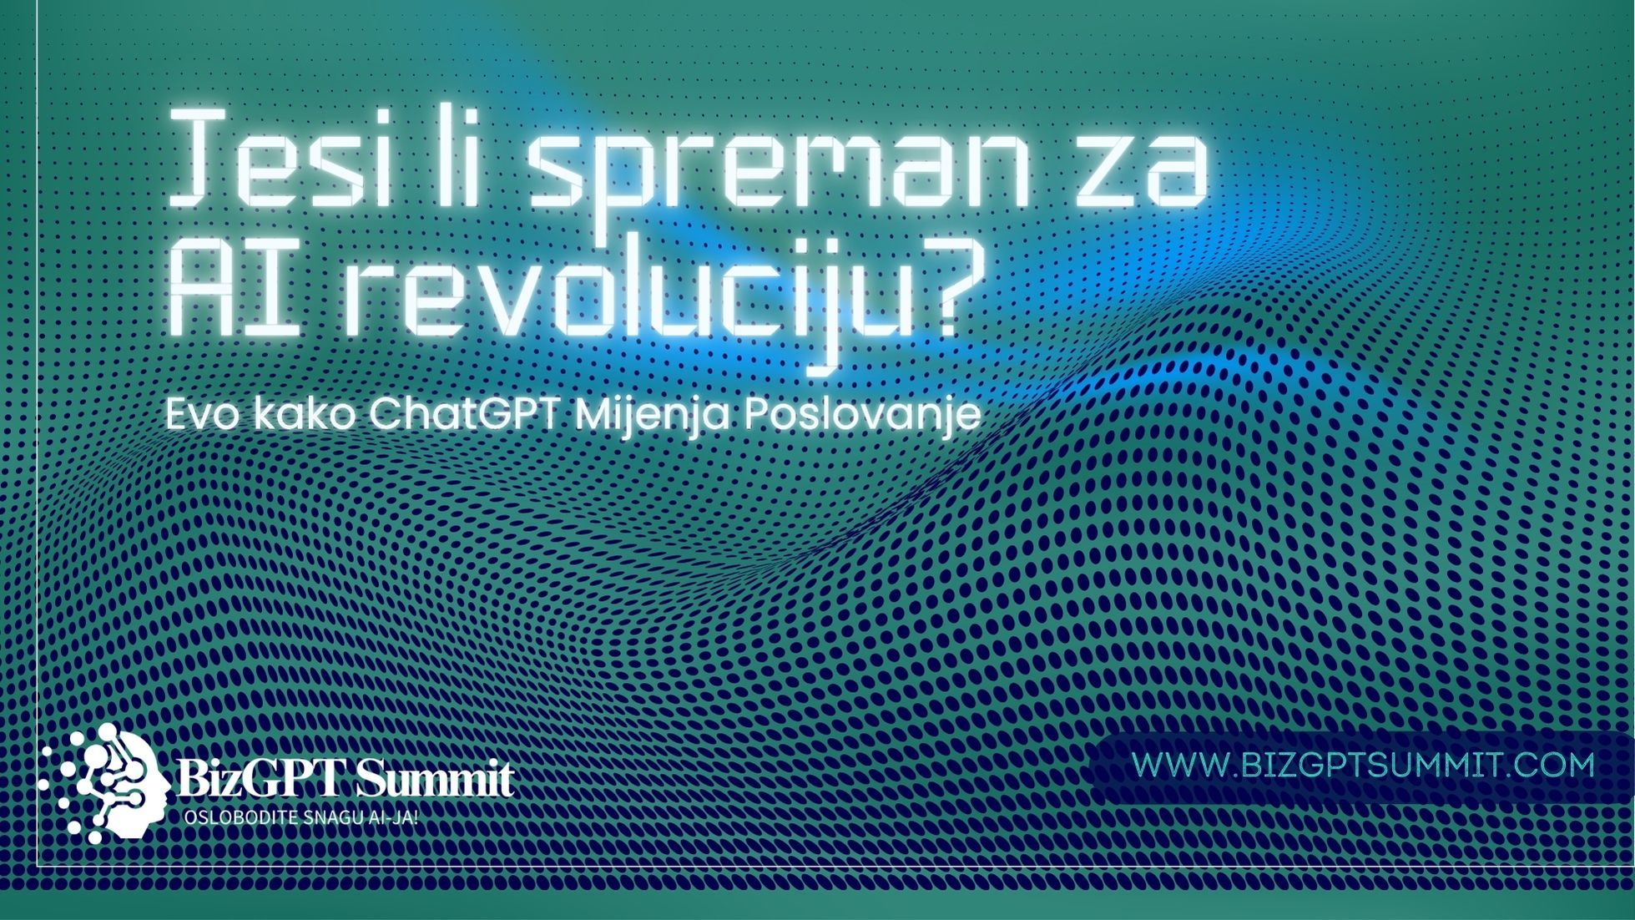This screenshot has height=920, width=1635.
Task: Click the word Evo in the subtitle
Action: (x=202, y=415)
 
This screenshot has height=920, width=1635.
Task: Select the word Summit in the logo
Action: (x=434, y=781)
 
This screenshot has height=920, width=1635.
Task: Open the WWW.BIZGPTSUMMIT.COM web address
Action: (x=1363, y=765)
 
